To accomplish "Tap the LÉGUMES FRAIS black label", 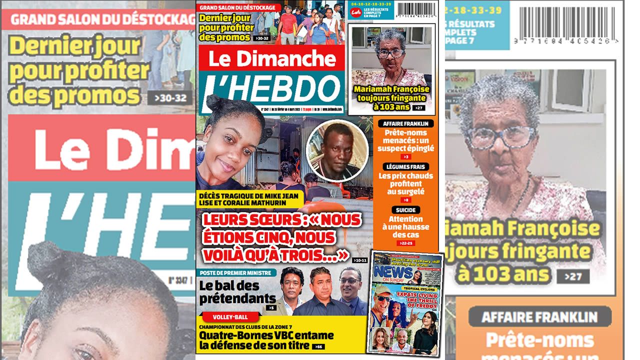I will coord(405,166).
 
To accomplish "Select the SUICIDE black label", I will coord(405,209).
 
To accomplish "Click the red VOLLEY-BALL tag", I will coord(230,316).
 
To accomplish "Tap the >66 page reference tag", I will coord(317,346).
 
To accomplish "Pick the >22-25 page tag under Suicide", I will coord(405,243).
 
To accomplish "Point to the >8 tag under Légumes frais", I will coord(405,199).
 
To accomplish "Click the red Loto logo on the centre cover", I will coord(356,12).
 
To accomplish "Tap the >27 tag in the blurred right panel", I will coord(576,276).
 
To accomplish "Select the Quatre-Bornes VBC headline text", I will coord(255,339).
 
